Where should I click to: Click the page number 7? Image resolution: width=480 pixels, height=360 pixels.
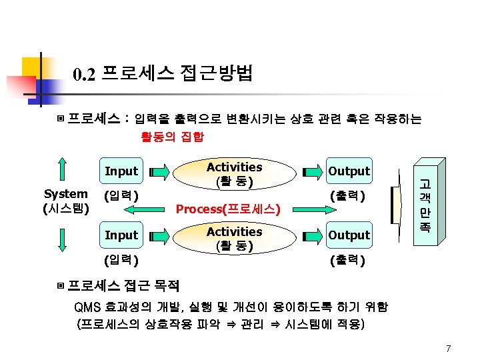(x=449, y=348)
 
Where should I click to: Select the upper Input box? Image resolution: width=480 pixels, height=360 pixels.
(x=121, y=171)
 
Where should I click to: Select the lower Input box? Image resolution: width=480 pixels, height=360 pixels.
(x=121, y=235)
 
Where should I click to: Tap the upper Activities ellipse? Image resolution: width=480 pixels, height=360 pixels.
(x=234, y=173)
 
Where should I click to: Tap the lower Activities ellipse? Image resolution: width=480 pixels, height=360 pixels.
(x=234, y=237)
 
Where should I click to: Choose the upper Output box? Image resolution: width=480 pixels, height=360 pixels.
(x=349, y=171)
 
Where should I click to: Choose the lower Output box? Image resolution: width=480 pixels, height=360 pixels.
(x=349, y=235)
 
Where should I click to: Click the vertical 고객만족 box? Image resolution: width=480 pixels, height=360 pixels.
(x=423, y=203)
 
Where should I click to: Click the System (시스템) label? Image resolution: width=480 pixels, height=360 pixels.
(x=65, y=201)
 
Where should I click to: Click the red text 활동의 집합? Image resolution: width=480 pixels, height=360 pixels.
(x=172, y=137)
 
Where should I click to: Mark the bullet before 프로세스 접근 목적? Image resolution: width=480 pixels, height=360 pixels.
(x=61, y=286)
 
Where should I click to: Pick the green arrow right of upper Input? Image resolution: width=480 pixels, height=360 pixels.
(x=159, y=172)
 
